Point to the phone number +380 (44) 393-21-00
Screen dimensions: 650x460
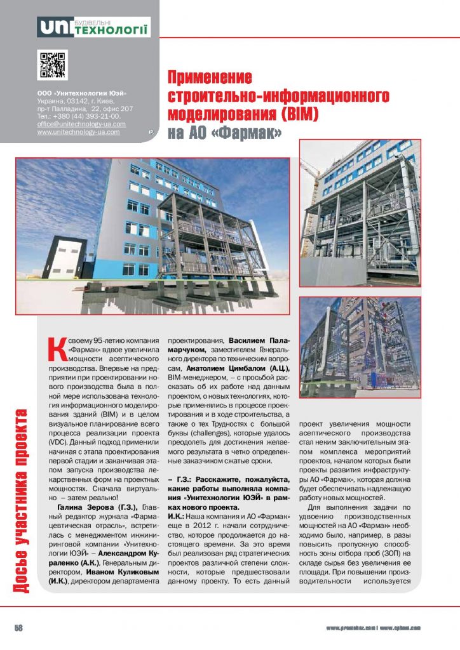point(86,117)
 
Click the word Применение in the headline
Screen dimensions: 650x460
point(210,79)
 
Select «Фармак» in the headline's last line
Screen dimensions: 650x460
point(247,133)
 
